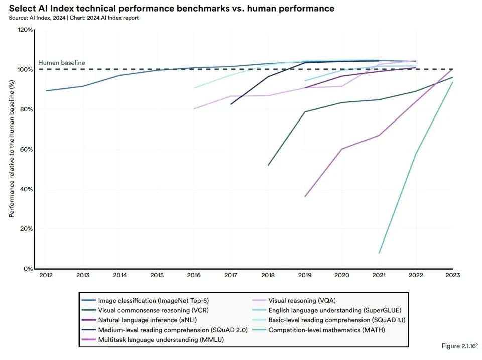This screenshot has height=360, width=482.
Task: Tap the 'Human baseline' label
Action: (x=62, y=63)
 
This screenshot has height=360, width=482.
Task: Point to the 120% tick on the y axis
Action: (x=26, y=30)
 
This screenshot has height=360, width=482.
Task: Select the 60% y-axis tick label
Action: (x=27, y=149)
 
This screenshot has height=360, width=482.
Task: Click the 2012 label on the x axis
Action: (x=46, y=275)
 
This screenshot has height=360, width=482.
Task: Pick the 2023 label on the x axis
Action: (x=453, y=275)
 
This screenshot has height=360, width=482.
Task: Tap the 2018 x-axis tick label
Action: (x=268, y=275)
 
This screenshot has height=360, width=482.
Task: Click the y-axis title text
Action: (x=11, y=149)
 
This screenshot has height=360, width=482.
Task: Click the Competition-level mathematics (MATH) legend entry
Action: (x=326, y=330)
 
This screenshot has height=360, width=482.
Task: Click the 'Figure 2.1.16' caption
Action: (x=459, y=346)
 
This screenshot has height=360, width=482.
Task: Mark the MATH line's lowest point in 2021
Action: (x=379, y=253)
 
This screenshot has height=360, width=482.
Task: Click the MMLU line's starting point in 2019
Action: (x=305, y=196)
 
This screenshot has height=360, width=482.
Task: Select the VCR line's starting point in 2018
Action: (x=268, y=165)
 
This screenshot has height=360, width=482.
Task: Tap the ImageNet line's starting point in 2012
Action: (x=46, y=91)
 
